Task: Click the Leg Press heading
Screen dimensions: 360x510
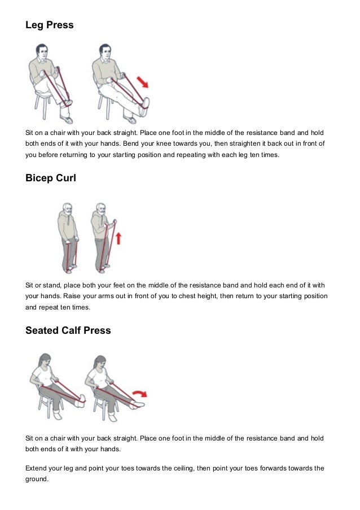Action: (x=50, y=25)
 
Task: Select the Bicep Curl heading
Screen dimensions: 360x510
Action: (x=51, y=178)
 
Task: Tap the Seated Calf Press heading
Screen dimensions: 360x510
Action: (x=68, y=330)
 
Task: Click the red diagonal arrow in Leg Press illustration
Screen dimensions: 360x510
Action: (x=142, y=82)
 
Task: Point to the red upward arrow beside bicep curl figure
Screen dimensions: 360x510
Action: (x=118, y=238)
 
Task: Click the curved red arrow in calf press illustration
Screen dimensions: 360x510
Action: (x=140, y=393)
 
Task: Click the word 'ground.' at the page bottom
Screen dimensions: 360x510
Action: (x=37, y=479)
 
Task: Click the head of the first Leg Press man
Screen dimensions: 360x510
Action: (x=41, y=51)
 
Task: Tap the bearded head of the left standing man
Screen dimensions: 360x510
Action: (x=67, y=209)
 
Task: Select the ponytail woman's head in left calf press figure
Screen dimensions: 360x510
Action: (x=45, y=360)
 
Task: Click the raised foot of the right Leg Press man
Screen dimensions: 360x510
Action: (x=145, y=107)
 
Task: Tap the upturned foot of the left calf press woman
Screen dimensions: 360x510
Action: (x=81, y=400)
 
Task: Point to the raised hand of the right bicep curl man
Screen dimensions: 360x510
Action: (x=114, y=222)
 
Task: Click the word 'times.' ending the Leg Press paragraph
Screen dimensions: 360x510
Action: (x=270, y=155)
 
